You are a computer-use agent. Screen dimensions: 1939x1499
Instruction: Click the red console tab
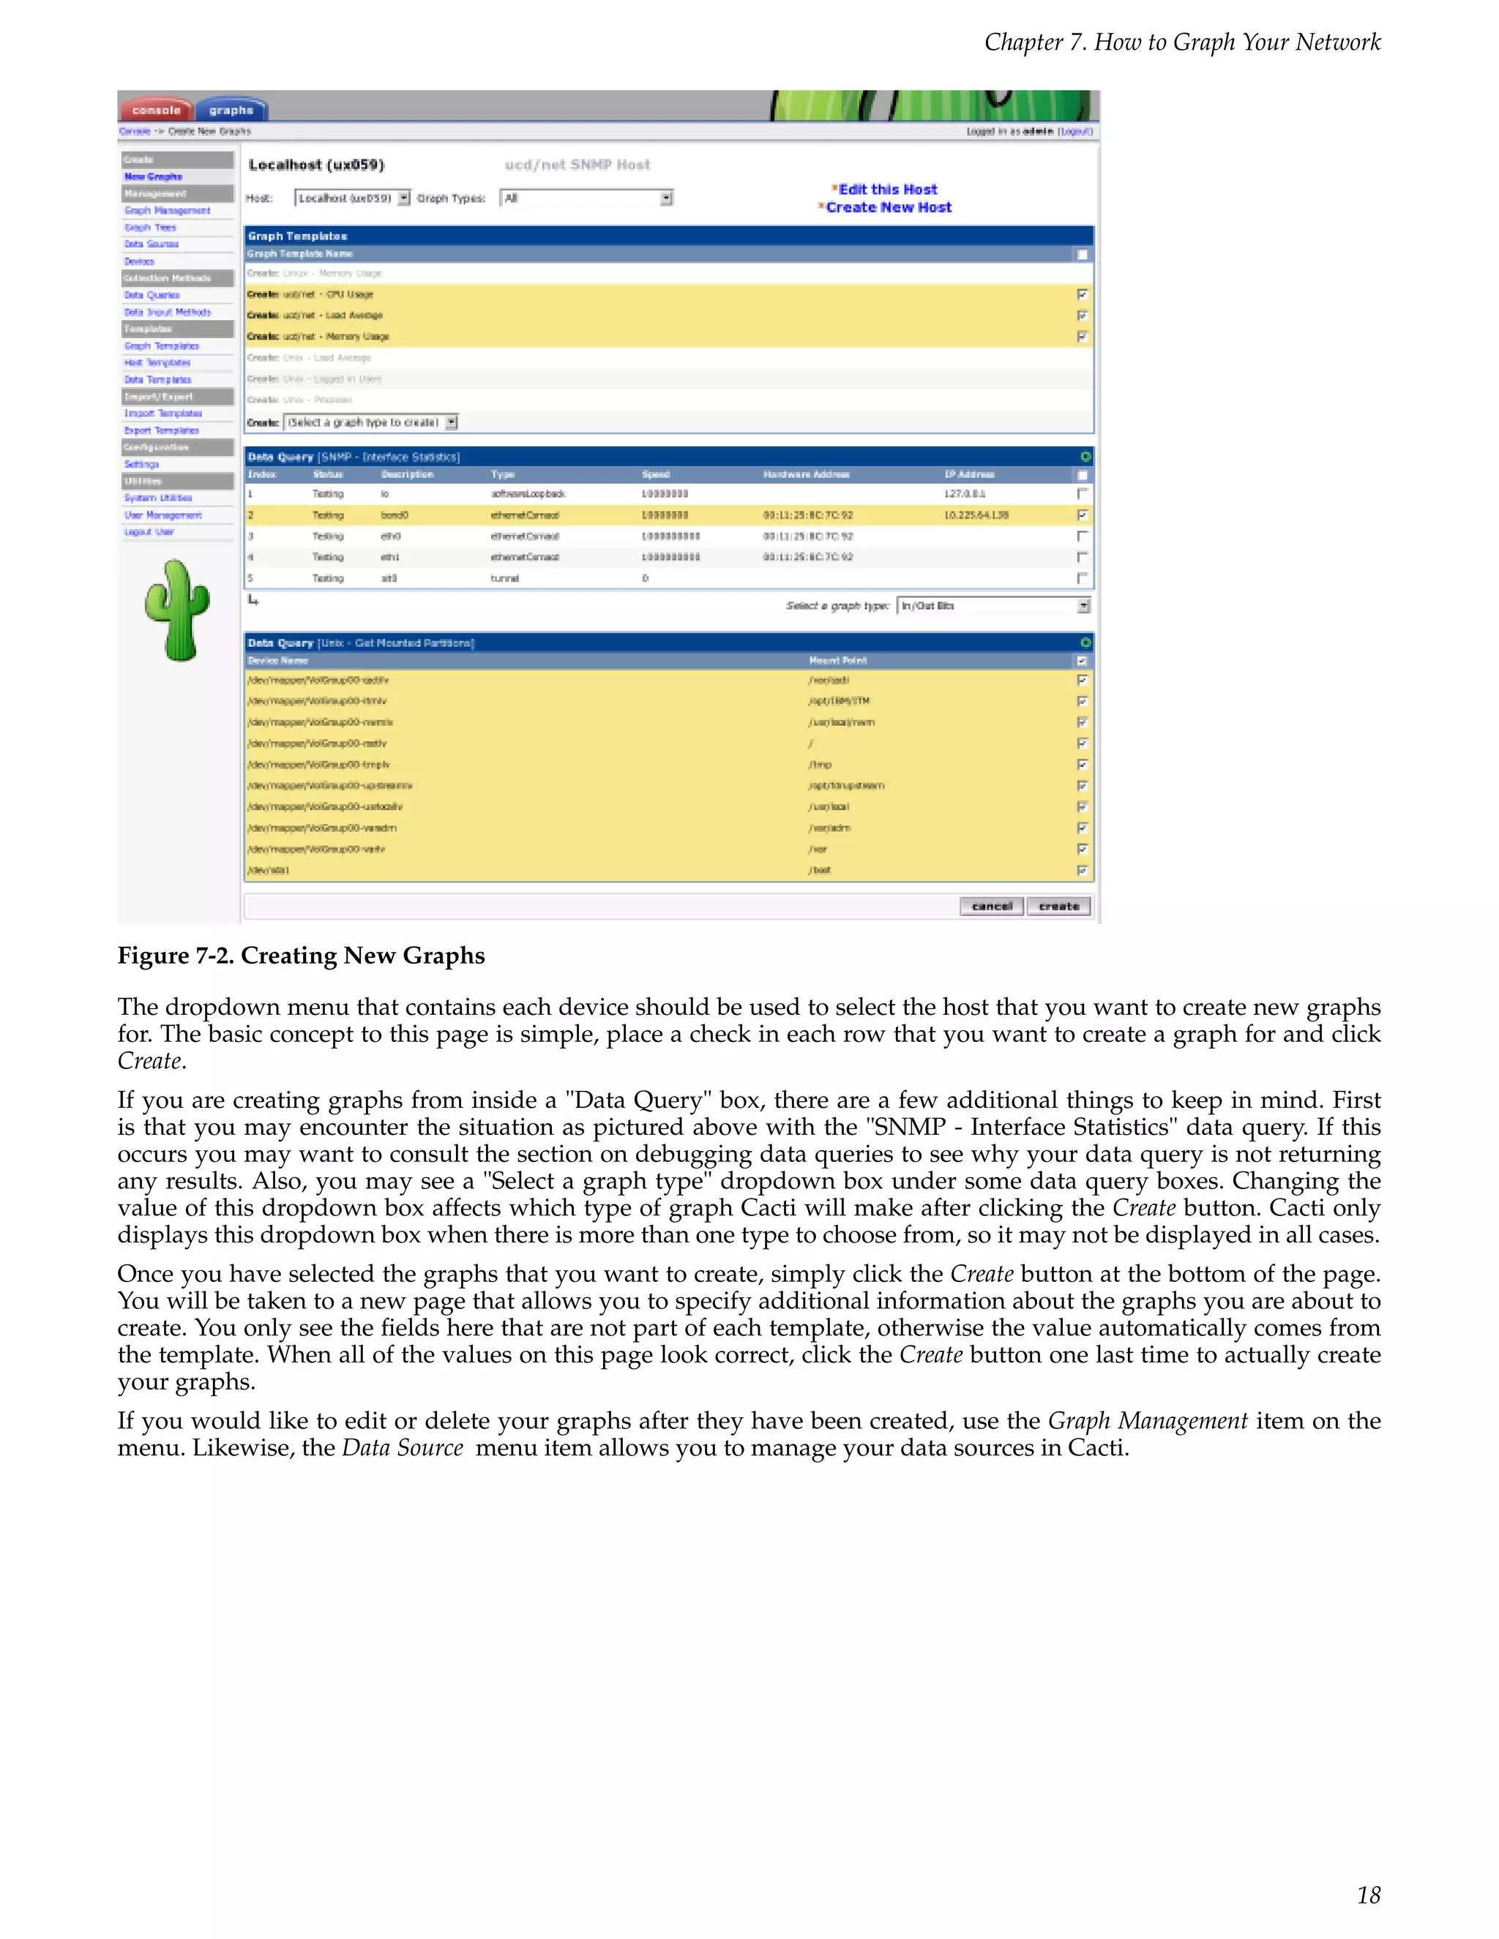[x=157, y=110]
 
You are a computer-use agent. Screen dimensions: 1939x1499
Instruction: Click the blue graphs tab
[x=231, y=110]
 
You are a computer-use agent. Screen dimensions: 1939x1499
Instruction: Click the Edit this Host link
[x=887, y=189]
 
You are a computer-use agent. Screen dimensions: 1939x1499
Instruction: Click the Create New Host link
[x=888, y=207]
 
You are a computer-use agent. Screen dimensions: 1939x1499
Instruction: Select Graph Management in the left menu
[x=167, y=211]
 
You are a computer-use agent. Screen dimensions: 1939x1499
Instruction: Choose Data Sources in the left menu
[x=151, y=244]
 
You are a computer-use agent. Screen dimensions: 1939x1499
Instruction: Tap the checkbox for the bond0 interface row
[x=1082, y=515]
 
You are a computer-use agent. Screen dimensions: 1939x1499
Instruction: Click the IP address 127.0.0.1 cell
[x=965, y=494]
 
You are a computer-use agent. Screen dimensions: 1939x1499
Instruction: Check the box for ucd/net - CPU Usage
[x=1082, y=294]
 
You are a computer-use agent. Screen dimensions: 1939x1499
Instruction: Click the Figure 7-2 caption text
[x=301, y=956]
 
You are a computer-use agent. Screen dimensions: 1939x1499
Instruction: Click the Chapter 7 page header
[x=1182, y=42]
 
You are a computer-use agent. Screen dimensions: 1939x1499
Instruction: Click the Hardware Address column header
[x=805, y=474]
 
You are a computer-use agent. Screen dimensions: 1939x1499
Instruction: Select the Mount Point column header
[x=837, y=661]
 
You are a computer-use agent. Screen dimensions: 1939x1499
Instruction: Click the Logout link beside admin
[x=1075, y=132]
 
